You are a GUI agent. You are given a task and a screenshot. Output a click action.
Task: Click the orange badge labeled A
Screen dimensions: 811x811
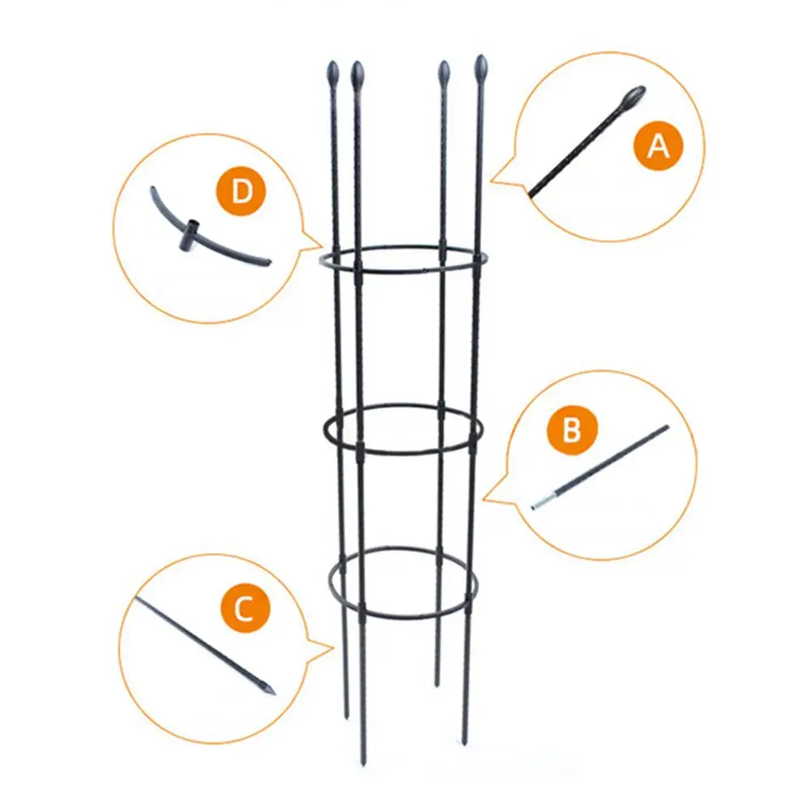point(659,147)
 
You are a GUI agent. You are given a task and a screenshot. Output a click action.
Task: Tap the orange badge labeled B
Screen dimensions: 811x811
point(572,429)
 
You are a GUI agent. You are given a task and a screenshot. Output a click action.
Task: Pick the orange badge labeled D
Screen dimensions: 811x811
point(241,192)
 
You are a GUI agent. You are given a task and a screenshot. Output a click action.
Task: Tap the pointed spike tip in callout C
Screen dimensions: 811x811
point(270,691)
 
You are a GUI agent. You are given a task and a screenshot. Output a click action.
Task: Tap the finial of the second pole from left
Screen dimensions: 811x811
point(357,75)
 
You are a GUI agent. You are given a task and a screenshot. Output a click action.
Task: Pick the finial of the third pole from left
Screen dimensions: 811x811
point(444,73)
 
